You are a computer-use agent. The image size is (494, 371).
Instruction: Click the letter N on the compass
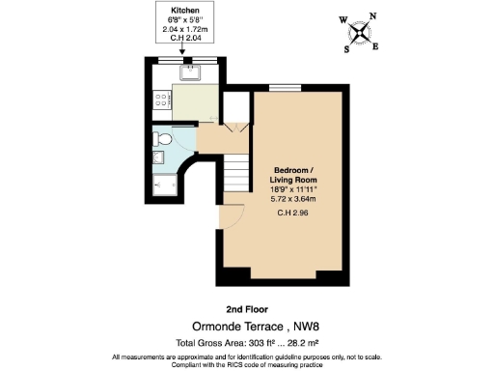coord(373,16)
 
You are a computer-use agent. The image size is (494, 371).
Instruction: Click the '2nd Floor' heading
coord(247,309)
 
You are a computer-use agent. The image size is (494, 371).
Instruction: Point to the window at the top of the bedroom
coord(285,89)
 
